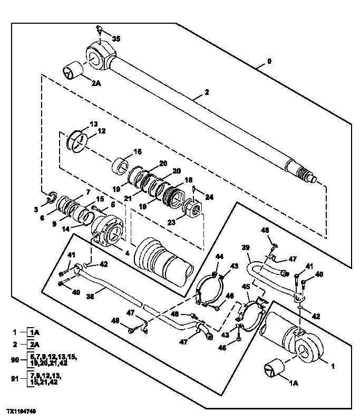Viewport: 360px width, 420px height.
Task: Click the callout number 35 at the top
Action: (116, 39)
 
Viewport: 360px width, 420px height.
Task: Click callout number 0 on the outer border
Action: (269, 62)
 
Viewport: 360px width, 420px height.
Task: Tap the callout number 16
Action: (138, 151)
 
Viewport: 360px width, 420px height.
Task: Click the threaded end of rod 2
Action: (305, 174)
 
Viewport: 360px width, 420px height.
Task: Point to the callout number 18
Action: (188, 180)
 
